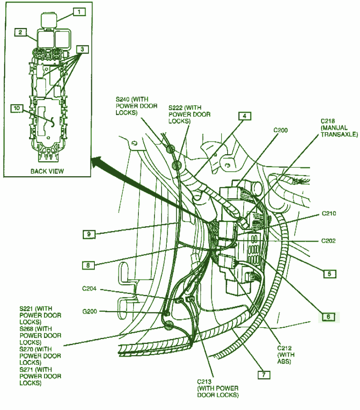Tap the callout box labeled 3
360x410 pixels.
pos(82,49)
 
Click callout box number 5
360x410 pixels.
pos(330,274)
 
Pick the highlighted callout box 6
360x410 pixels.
pos(328,317)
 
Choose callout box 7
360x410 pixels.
pos(264,375)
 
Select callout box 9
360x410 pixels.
pos(89,234)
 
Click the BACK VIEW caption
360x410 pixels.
pos(47,171)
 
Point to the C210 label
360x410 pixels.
pos(329,213)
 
